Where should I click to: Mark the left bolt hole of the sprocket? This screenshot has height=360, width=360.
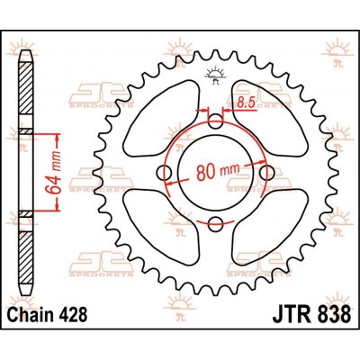pos(163,172)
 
